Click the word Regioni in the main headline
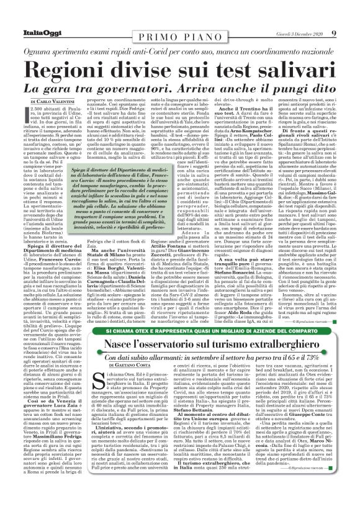(x=69, y=52)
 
